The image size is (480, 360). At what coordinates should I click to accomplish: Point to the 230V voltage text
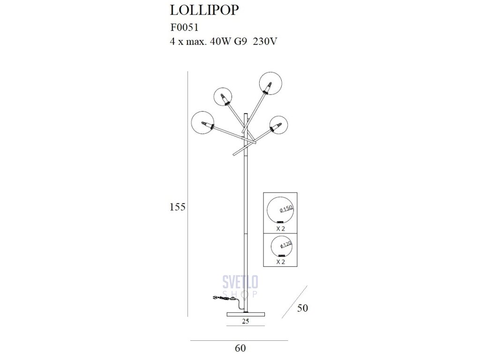tap(265, 41)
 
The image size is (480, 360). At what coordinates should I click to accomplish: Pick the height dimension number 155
tap(179, 207)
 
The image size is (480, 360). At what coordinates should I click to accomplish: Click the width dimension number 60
tap(240, 348)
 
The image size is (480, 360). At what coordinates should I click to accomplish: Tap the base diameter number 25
tap(246, 321)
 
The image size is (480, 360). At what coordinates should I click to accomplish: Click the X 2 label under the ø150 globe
tap(280, 229)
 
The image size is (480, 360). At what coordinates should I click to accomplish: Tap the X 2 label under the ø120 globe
tap(280, 262)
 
